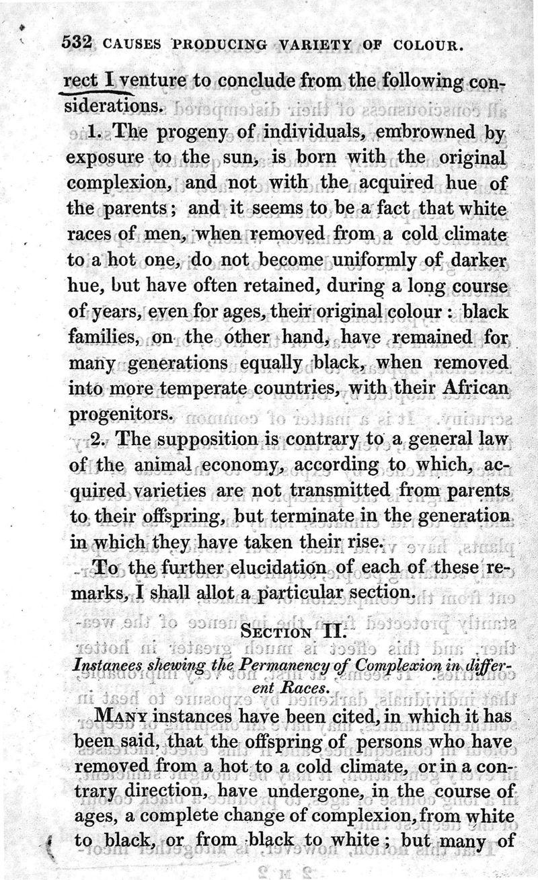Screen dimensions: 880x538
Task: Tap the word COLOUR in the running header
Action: coord(426,48)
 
